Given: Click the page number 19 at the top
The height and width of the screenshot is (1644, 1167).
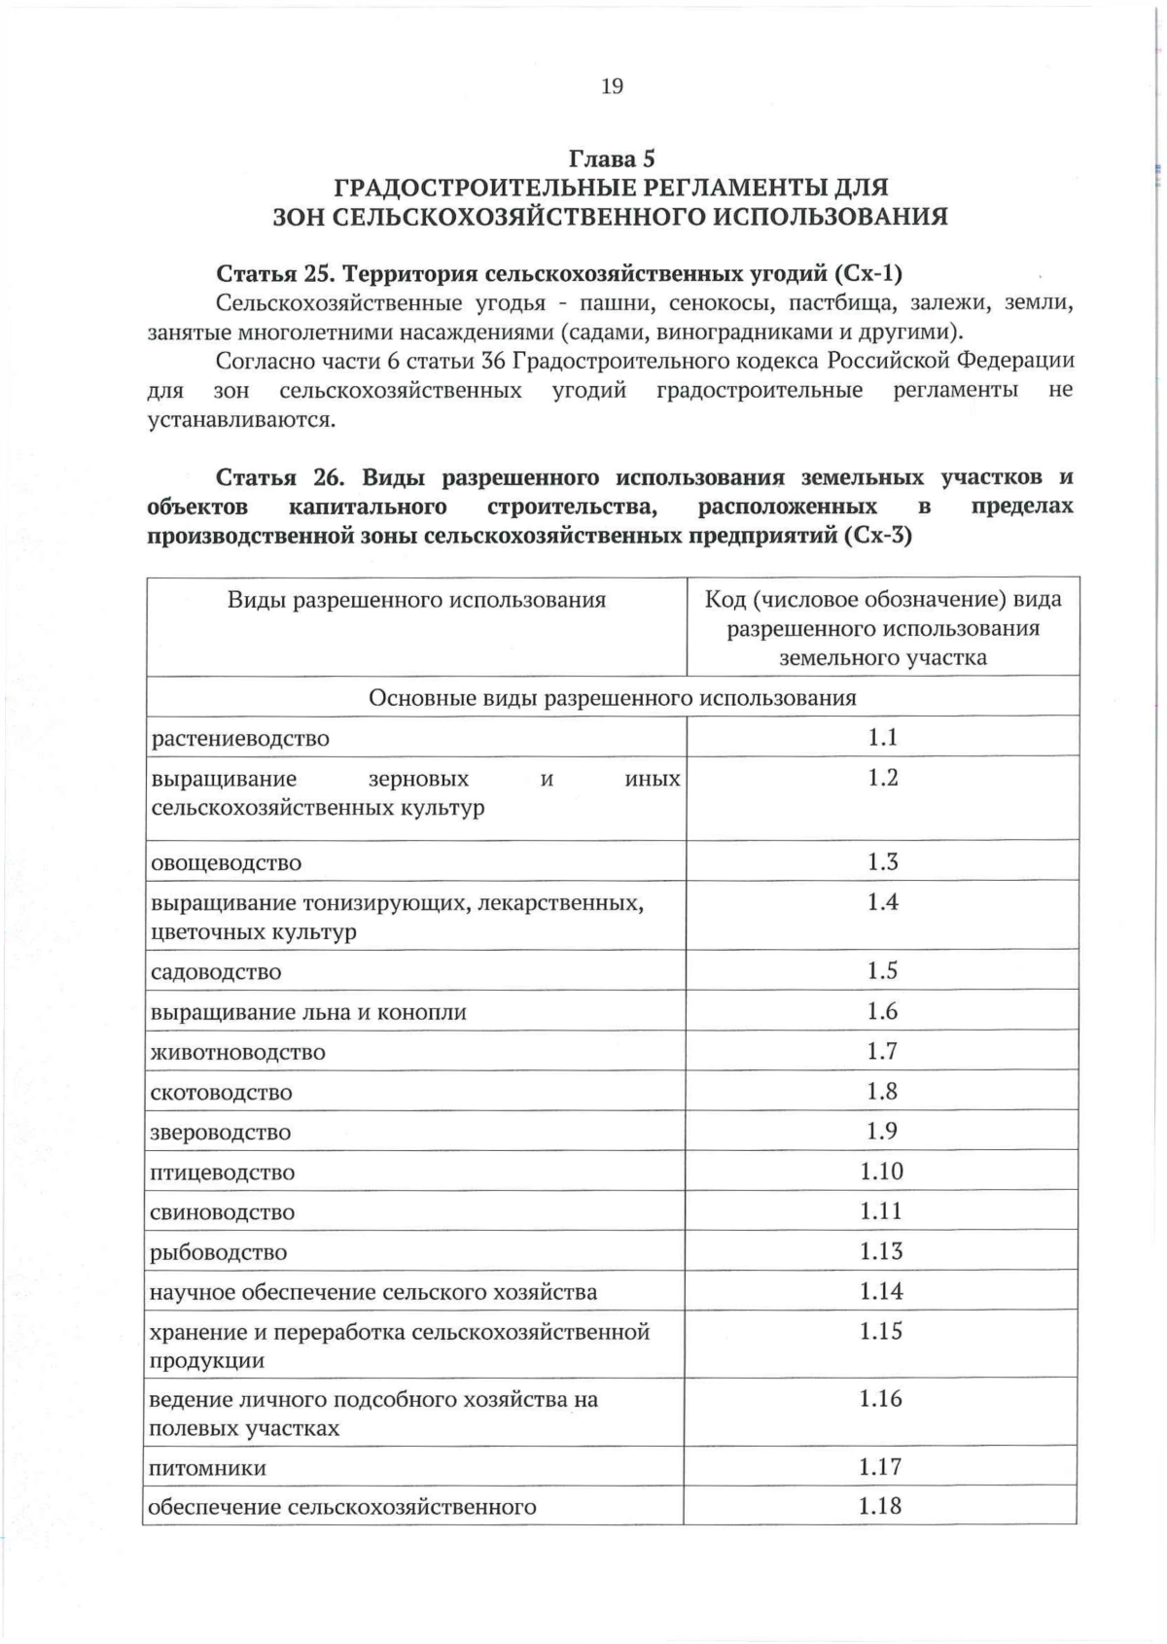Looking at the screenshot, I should tap(612, 87).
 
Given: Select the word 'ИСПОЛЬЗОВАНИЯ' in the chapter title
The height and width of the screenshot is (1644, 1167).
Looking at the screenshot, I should tap(831, 216).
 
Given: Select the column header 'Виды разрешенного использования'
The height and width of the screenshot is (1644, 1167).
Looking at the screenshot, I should tap(416, 600).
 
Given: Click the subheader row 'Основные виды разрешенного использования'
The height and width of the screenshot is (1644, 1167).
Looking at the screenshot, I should tap(612, 698).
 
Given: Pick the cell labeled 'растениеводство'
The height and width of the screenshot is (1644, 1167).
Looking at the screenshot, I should tap(240, 739).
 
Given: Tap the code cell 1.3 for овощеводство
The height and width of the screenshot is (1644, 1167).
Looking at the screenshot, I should tap(882, 862).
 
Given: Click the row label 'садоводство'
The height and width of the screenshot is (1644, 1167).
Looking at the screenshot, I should tap(216, 972).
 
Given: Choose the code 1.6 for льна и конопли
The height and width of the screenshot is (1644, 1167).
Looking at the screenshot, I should tap(882, 1012).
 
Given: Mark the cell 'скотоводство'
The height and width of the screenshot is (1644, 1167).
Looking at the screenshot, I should tap(221, 1093).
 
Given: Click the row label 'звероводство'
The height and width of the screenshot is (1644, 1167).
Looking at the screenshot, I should tap(221, 1133).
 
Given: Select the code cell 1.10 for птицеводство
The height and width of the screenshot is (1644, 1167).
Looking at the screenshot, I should tap(882, 1172).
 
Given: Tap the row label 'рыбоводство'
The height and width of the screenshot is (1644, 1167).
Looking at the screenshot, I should tap(219, 1253).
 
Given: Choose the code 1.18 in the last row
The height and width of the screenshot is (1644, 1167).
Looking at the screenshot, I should tap(880, 1507).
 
